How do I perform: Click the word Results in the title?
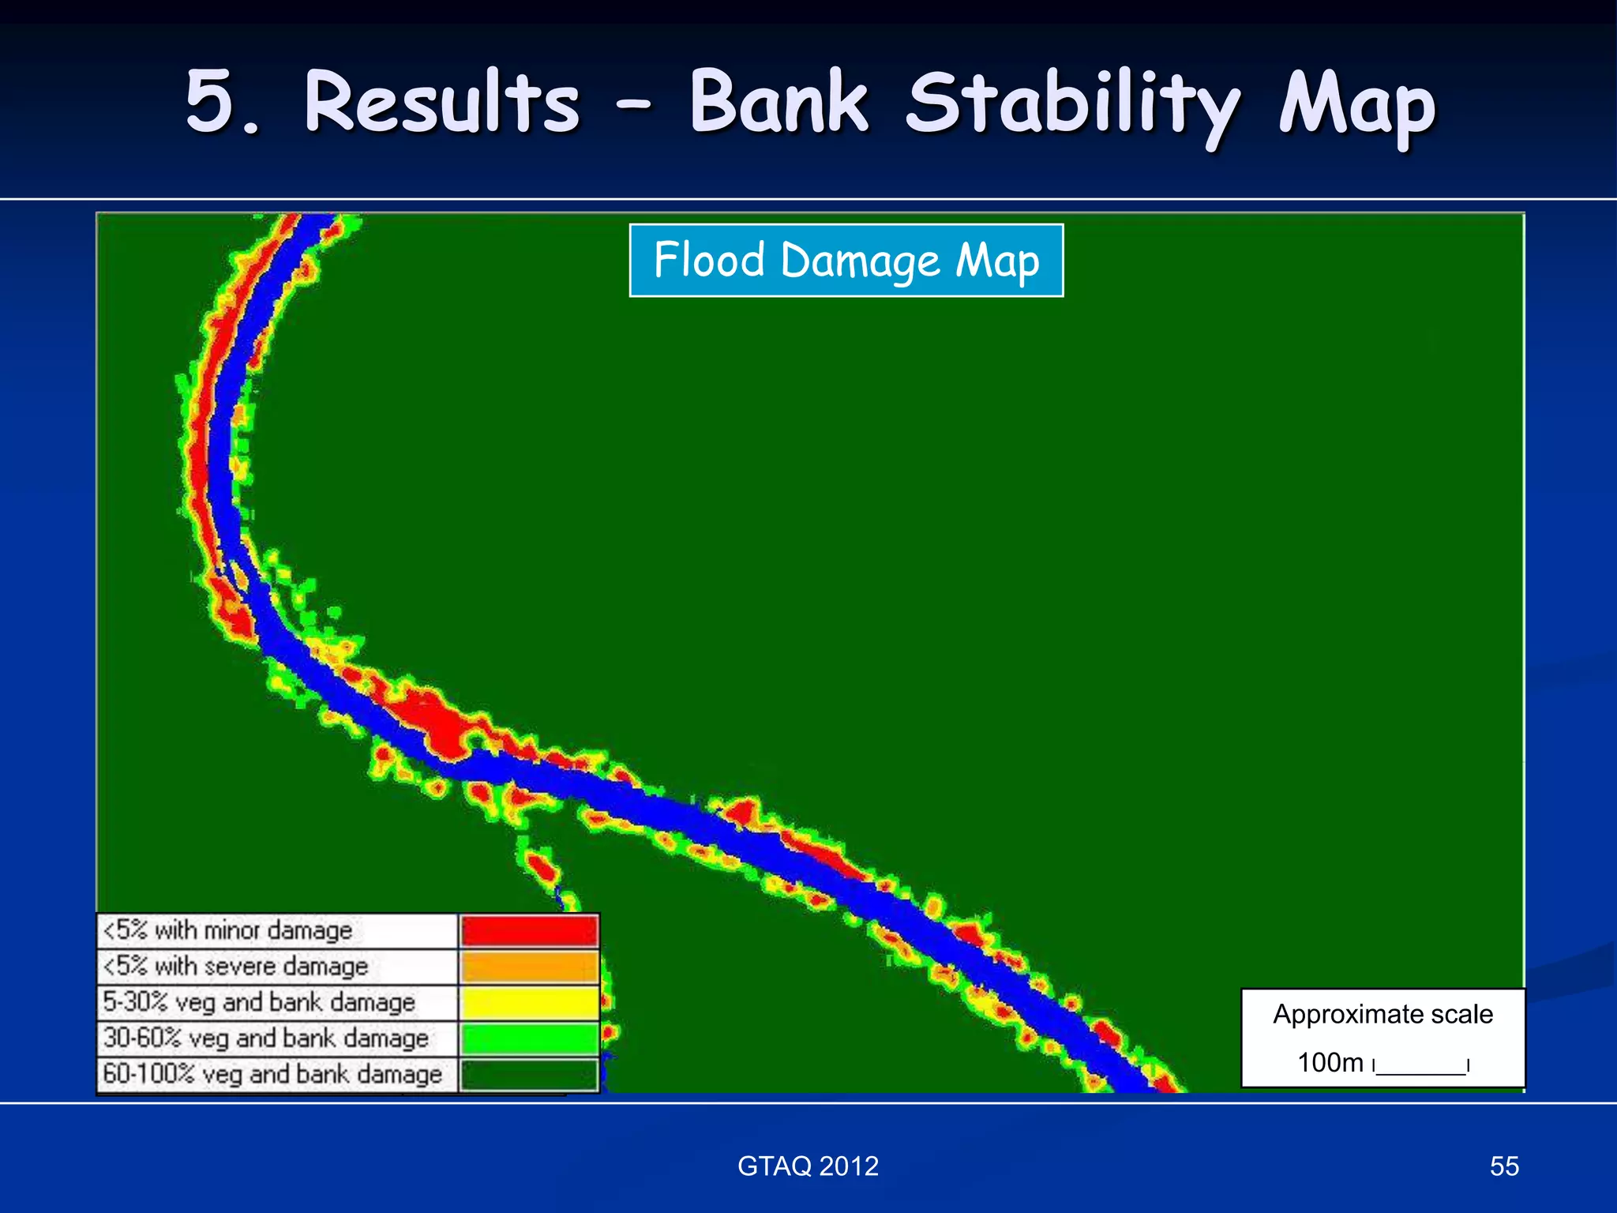pos(442,103)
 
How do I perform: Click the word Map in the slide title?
pos(1356,107)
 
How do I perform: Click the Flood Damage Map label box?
pos(846,261)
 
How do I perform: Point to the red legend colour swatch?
pos(529,931)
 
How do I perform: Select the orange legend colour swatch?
pos(529,967)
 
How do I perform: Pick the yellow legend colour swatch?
pos(529,1003)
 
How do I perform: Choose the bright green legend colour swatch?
pos(529,1038)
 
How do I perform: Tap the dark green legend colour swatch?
pos(529,1075)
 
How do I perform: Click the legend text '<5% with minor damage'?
pos(229,931)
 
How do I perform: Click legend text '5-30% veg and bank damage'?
pos(259,1003)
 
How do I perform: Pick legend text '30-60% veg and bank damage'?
pos(266,1038)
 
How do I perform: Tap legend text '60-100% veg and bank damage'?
pos(273,1075)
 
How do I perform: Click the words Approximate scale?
pos(1383,1014)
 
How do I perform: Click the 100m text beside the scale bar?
pos(1330,1063)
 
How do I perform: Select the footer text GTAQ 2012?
pos(808,1166)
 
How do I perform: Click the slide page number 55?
pos(1504,1166)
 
